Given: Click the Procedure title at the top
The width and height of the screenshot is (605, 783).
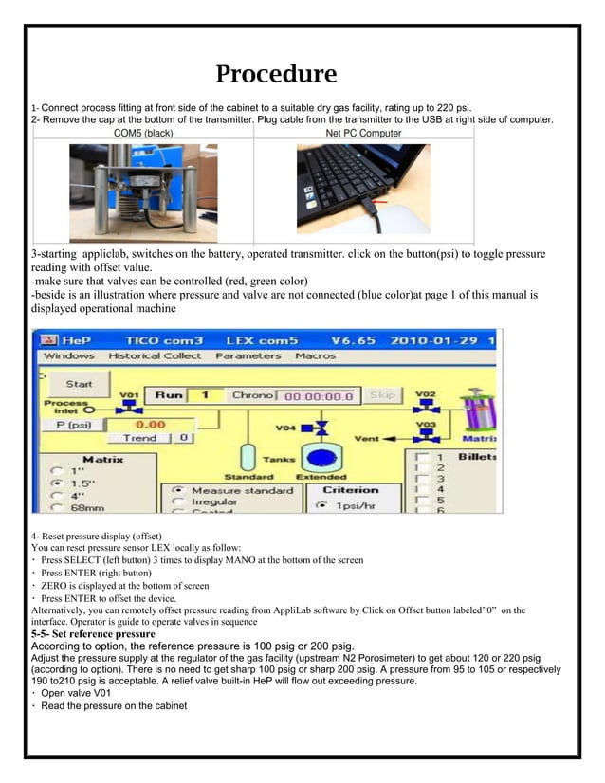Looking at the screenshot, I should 276,74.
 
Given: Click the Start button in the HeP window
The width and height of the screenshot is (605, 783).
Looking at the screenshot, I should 79,384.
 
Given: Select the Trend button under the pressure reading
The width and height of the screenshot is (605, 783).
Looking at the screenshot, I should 139,439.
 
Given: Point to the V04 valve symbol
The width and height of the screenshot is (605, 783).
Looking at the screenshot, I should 321,428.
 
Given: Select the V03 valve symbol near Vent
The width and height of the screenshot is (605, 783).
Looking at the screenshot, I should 426,437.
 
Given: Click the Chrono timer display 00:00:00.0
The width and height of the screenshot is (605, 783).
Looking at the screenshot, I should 320,396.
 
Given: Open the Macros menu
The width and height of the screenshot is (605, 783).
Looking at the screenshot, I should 316,355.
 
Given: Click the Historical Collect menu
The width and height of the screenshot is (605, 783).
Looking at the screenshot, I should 155,355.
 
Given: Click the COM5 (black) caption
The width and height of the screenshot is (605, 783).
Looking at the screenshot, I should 143,134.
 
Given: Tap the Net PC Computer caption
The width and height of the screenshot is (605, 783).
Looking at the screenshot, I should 363,134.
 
